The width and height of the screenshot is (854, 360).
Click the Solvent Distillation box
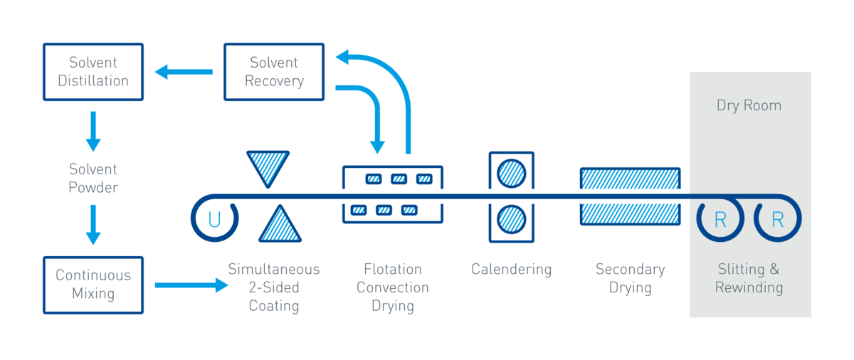[93, 71]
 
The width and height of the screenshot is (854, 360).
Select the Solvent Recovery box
[274, 71]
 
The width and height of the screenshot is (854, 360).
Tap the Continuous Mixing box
[93, 285]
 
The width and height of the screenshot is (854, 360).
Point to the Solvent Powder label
[93, 179]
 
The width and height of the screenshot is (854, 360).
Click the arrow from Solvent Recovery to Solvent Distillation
[184, 71]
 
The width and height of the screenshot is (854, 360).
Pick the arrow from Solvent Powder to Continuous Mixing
[93, 224]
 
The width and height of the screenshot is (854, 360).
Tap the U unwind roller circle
[213, 220]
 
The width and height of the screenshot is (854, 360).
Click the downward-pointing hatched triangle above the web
[268, 166]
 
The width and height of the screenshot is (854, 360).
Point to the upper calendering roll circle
[511, 173]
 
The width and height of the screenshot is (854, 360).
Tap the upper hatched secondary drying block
[630, 179]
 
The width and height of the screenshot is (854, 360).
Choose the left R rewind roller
[720, 220]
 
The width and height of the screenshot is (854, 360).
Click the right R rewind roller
[777, 220]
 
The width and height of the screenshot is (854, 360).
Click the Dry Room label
[749, 105]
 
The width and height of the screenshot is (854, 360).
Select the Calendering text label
[511, 270]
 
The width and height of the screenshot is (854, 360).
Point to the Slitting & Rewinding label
[749, 279]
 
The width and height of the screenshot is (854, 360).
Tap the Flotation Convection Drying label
[392, 287]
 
